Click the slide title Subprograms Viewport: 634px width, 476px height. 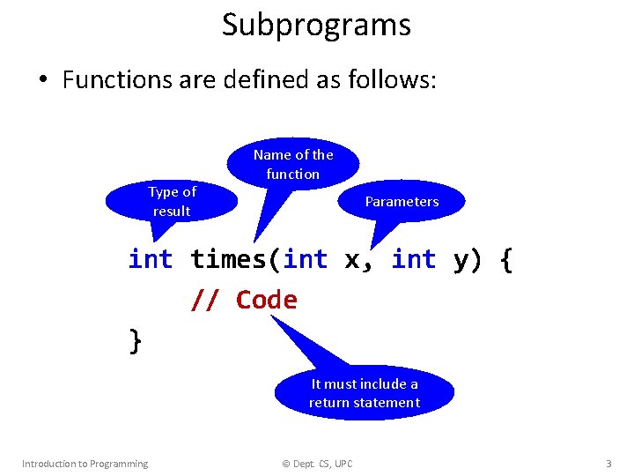click(316, 25)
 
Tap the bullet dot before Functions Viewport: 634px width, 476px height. click(42, 81)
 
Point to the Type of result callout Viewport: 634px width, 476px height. click(172, 201)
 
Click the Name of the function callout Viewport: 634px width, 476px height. click(293, 164)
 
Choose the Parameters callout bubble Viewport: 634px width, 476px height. click(402, 201)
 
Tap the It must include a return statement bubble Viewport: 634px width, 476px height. click(365, 393)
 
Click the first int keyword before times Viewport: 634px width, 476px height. click(151, 259)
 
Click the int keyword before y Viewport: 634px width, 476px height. click(414, 259)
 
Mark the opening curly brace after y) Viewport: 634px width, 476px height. click(505, 260)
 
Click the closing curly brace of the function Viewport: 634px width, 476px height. click(136, 340)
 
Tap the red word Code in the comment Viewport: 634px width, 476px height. click(267, 300)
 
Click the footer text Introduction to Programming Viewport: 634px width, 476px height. click(85, 464)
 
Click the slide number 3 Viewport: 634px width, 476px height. click(608, 464)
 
